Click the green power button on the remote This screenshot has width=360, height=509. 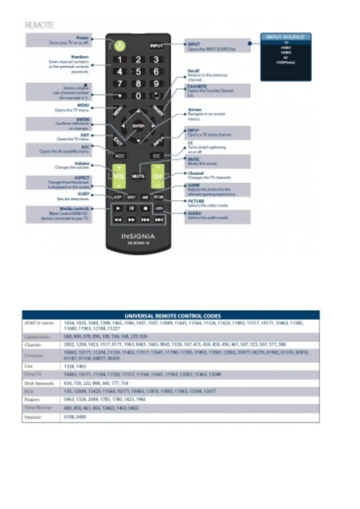click(x=120, y=46)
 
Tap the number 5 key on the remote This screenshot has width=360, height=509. click(x=138, y=72)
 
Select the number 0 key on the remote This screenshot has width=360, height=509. click(x=138, y=96)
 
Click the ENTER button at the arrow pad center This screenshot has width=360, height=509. click(x=138, y=126)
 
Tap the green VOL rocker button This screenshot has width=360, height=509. click(x=119, y=176)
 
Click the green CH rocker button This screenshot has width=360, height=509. click(x=157, y=176)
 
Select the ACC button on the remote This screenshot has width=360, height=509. click(x=120, y=156)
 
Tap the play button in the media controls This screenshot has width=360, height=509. click(x=118, y=208)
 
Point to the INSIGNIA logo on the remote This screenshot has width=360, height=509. click(x=138, y=236)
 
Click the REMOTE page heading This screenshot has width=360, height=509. click(x=39, y=25)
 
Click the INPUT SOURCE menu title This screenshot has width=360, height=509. click(x=286, y=37)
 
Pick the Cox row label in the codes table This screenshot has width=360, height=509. click(x=29, y=366)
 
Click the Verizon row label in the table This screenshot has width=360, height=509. click(x=33, y=417)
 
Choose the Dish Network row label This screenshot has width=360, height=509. click(x=39, y=383)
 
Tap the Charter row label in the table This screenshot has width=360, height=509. click(x=33, y=345)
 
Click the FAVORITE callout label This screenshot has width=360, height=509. click(x=197, y=86)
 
